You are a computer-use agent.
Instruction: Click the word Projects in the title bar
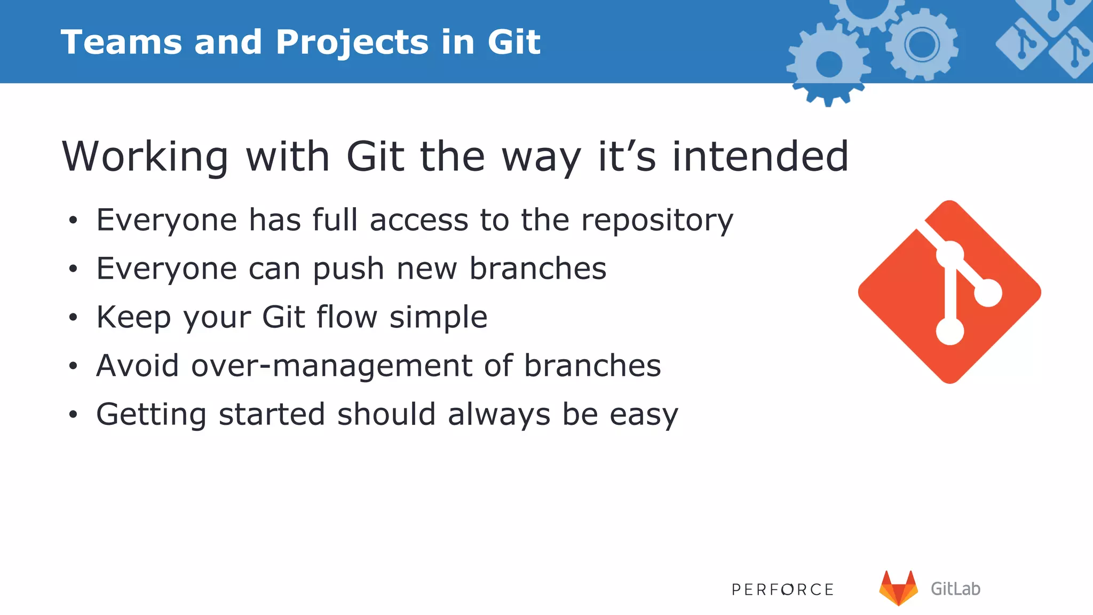[352, 43]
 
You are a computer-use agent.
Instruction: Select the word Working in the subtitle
[145, 157]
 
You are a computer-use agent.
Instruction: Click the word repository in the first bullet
[657, 221]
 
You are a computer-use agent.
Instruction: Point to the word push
[348, 269]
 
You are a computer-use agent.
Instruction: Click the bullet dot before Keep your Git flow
[73, 318]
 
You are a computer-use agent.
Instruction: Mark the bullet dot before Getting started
[73, 414]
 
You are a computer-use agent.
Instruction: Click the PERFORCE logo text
[782, 589]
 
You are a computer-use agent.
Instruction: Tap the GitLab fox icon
[898, 588]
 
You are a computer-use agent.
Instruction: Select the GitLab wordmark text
[955, 589]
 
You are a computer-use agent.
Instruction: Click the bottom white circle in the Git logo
[950, 332]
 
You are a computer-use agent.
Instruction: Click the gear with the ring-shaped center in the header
[922, 44]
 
